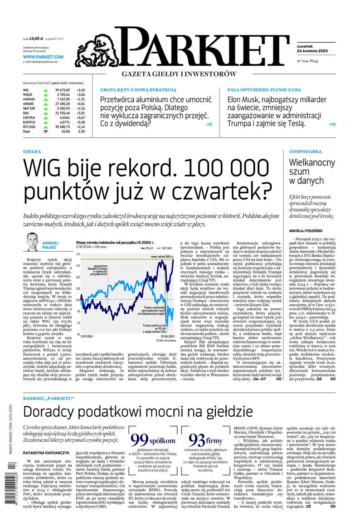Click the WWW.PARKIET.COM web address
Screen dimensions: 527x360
(43, 57)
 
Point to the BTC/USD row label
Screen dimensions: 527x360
(29, 127)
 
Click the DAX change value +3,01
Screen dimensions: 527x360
(80, 113)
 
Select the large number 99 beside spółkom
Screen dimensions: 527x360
(140, 439)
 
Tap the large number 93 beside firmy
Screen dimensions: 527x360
(197, 439)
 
